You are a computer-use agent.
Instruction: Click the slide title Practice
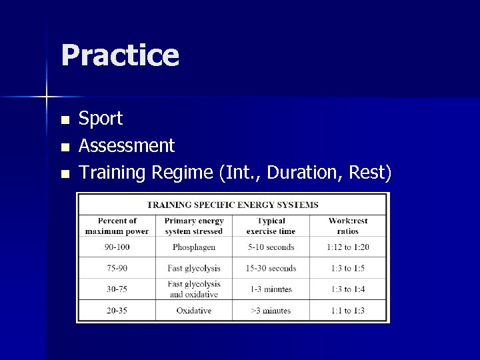(x=120, y=55)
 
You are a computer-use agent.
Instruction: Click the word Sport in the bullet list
(x=101, y=119)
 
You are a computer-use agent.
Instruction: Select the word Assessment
(x=127, y=145)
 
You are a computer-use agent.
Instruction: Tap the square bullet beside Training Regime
(x=64, y=173)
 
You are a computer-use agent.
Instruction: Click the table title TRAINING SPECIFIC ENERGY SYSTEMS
(x=233, y=205)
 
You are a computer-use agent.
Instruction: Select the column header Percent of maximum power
(x=117, y=226)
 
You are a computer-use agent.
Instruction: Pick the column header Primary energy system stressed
(x=193, y=226)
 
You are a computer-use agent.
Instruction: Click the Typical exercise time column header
(x=270, y=226)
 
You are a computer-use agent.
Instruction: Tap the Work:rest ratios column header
(x=347, y=226)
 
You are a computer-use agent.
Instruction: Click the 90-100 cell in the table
(x=117, y=247)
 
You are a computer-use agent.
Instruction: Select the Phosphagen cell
(x=193, y=247)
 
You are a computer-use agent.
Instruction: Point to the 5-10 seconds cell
(x=270, y=247)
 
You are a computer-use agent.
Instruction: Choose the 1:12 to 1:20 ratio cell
(x=347, y=247)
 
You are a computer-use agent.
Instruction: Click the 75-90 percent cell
(x=117, y=269)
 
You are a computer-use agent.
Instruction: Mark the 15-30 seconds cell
(x=270, y=269)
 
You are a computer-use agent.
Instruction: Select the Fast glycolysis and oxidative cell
(x=193, y=289)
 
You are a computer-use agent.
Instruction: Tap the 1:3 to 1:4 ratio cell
(x=347, y=289)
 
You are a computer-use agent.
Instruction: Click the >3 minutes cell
(x=270, y=311)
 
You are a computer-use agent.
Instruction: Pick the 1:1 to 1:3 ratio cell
(x=347, y=311)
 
